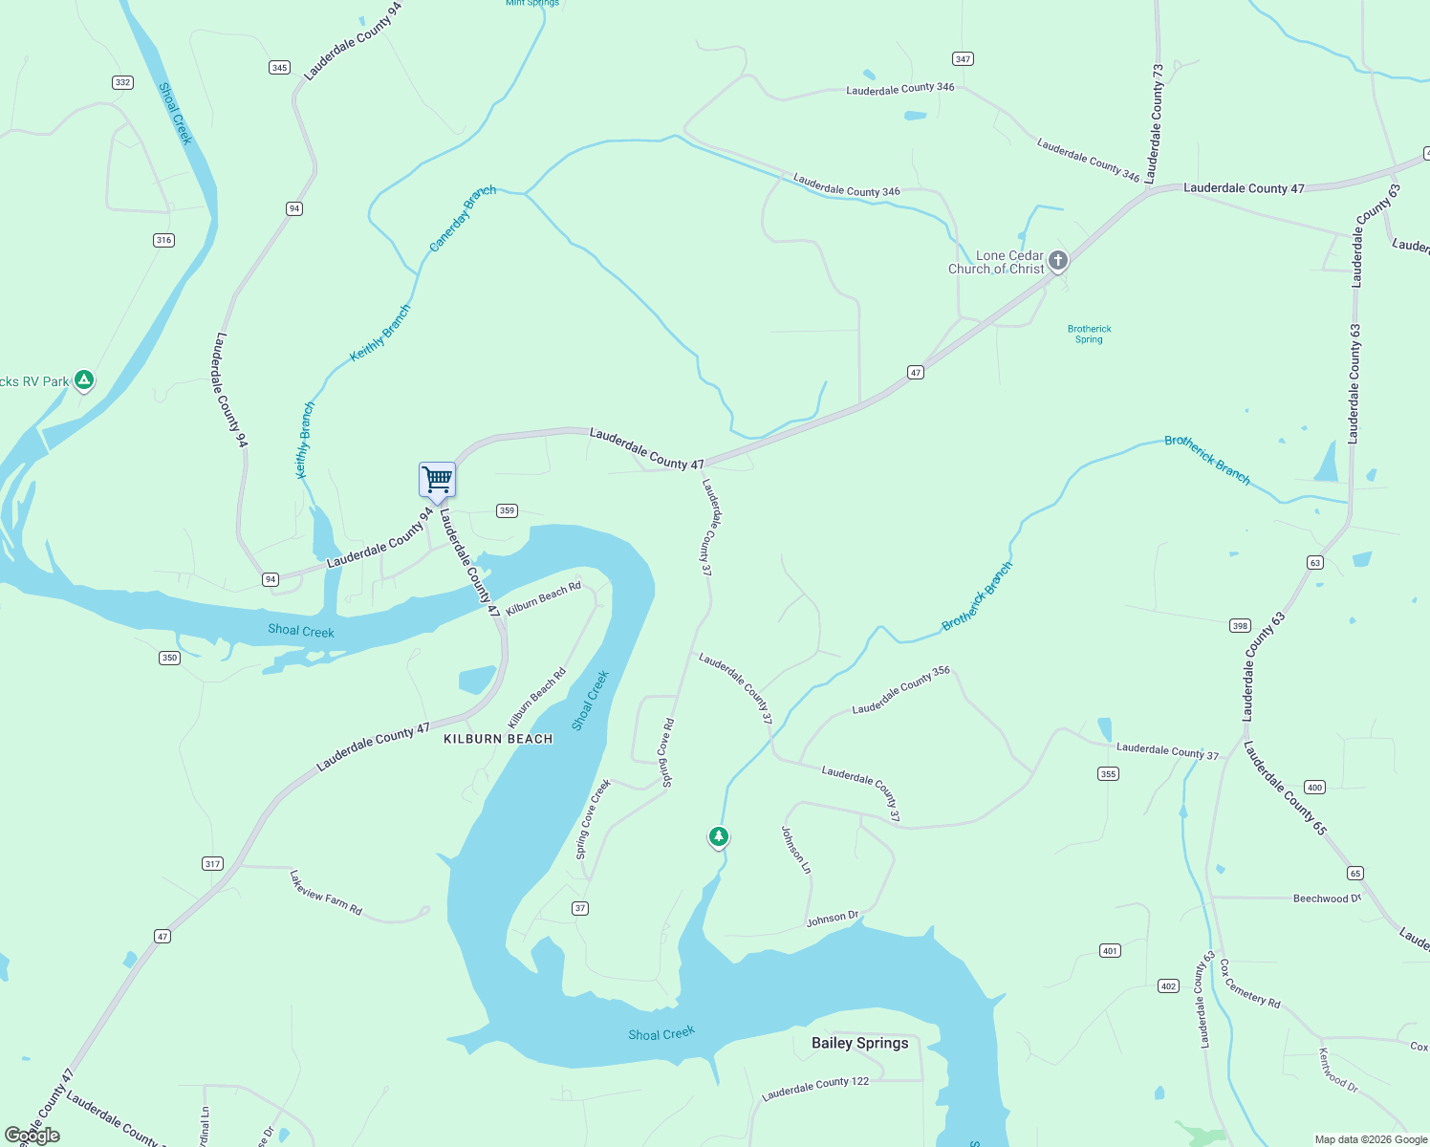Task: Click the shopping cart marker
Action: click(x=437, y=480)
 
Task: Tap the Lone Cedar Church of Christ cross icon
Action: click(x=1058, y=260)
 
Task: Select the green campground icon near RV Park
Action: click(x=84, y=380)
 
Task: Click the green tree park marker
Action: click(x=719, y=836)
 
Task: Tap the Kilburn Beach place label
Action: click(x=498, y=739)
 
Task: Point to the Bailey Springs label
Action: click(x=859, y=1043)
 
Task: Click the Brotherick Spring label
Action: click(x=1089, y=334)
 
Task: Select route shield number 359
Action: click(x=507, y=510)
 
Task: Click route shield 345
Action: click(x=279, y=67)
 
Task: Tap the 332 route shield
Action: click(x=122, y=82)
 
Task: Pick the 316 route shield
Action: click(x=163, y=240)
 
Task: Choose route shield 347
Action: click(x=963, y=59)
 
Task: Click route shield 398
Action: click(x=1240, y=626)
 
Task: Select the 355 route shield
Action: click(x=1108, y=774)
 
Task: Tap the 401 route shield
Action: click(x=1110, y=950)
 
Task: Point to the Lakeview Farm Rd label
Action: click(x=326, y=893)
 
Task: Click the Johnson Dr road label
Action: click(x=833, y=919)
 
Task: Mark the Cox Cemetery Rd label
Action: click(x=1249, y=983)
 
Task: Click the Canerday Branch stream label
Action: click(x=463, y=218)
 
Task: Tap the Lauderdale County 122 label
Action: click(x=815, y=1088)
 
